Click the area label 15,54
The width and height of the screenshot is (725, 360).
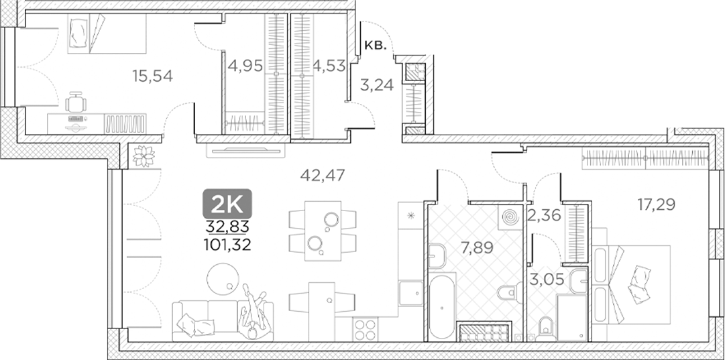click(152, 76)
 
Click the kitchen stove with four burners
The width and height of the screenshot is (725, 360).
click(366, 329)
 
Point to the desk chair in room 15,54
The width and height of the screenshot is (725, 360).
click(76, 104)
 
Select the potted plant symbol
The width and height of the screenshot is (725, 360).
click(143, 156)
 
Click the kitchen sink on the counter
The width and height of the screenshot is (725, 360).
click(410, 293)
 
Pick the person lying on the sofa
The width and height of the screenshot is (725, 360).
click(254, 310)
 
